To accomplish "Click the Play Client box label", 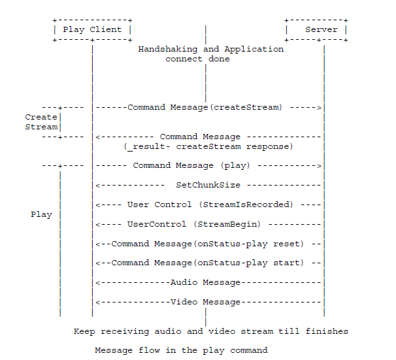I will coord(92,29).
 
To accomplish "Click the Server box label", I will coord(322,29).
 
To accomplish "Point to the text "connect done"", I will coord(197,59).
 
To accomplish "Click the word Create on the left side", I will coord(41,117).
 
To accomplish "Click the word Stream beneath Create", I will coord(41,127).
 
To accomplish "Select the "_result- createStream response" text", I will coord(208,146).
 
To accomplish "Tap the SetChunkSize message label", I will coord(208,185).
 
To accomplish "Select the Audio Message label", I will coord(205,282).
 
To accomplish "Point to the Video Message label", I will coord(205,302).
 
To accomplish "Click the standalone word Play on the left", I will coord(41,214).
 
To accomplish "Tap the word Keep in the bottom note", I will coord(84,331).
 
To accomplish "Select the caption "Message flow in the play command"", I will coord(181,350).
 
